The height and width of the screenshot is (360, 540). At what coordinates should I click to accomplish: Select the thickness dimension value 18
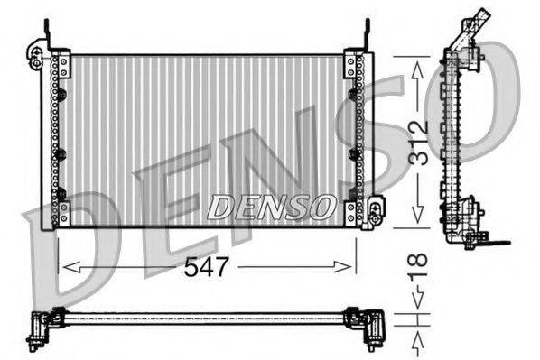pyautogui.click(x=416, y=271)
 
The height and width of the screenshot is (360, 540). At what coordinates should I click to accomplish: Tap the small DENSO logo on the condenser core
pyautogui.click(x=270, y=207)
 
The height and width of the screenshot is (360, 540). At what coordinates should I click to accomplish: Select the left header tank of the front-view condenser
pyautogui.click(x=61, y=140)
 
